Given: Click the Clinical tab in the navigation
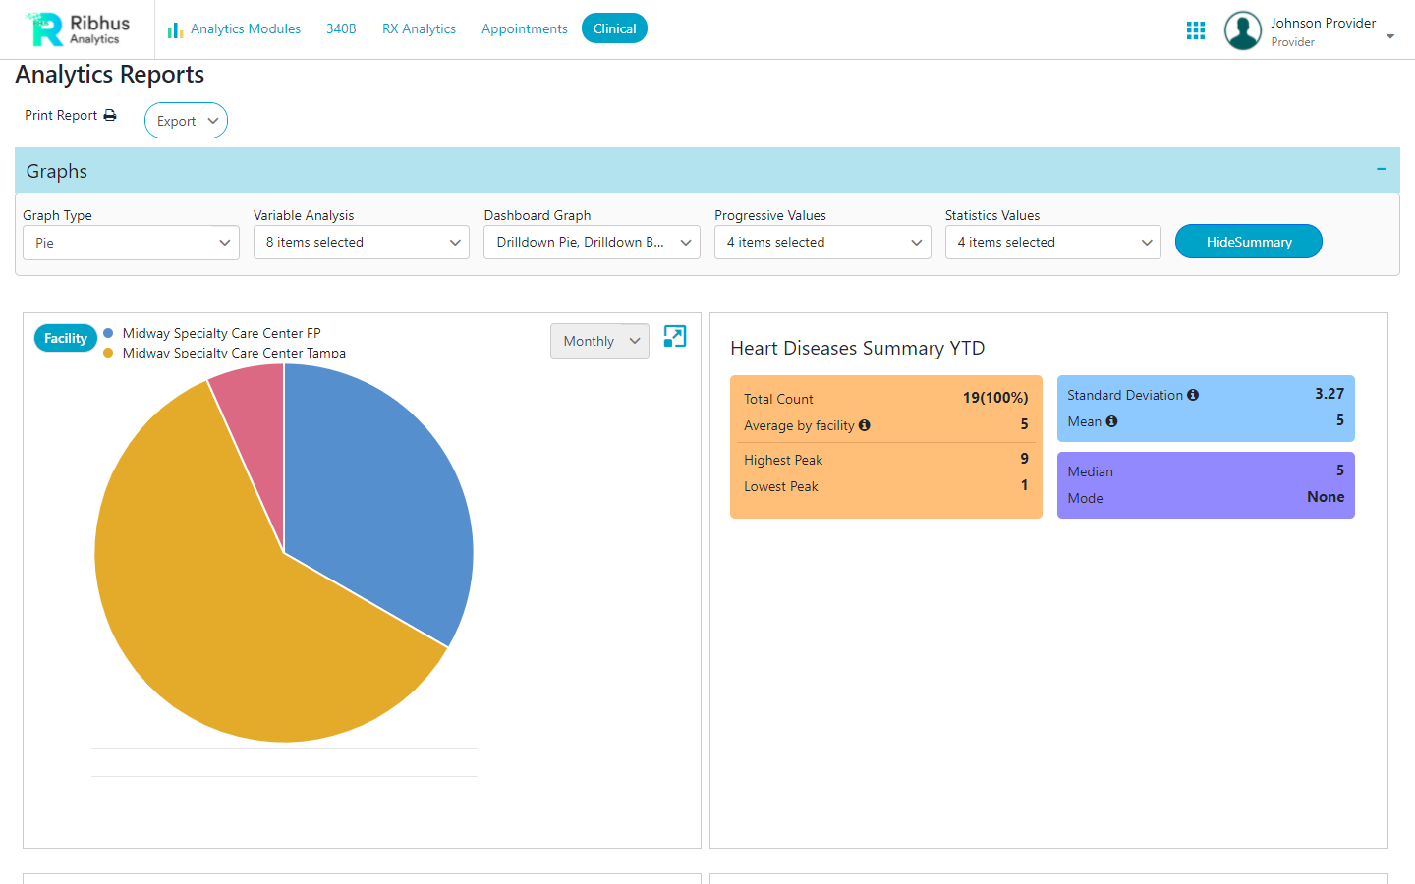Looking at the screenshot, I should pyautogui.click(x=614, y=28).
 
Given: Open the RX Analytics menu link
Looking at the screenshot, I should pyautogui.click(x=419, y=28).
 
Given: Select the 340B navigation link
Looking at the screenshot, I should pyautogui.click(x=341, y=28).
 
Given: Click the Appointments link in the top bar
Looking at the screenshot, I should pyautogui.click(x=524, y=28).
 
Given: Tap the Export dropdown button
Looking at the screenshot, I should pyautogui.click(x=186, y=121).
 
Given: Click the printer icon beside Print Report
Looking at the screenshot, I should pyautogui.click(x=110, y=116).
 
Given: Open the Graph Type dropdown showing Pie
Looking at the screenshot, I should pyautogui.click(x=131, y=243).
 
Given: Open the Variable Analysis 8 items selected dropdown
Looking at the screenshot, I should pyautogui.click(x=361, y=243).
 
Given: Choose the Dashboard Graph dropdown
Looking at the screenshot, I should pyautogui.click(x=592, y=243).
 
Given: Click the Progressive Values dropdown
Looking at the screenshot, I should pyautogui.click(x=821, y=243).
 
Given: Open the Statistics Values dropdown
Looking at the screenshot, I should pyautogui.click(x=1052, y=243).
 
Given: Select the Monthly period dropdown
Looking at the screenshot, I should pyautogui.click(x=599, y=341).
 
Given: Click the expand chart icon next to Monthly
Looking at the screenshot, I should pyautogui.click(x=675, y=336).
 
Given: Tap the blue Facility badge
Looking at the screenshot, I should pyautogui.click(x=66, y=338).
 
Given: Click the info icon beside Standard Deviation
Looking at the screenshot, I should pyautogui.click(x=1193, y=395).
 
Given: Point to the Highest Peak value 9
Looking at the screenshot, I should pyautogui.click(x=1024, y=459).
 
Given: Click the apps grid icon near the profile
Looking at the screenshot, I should pyautogui.click(x=1195, y=30).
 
